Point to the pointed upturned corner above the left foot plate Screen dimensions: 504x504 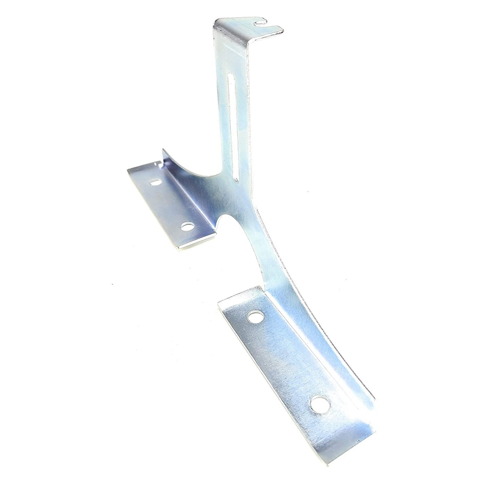click(x=163, y=150)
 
